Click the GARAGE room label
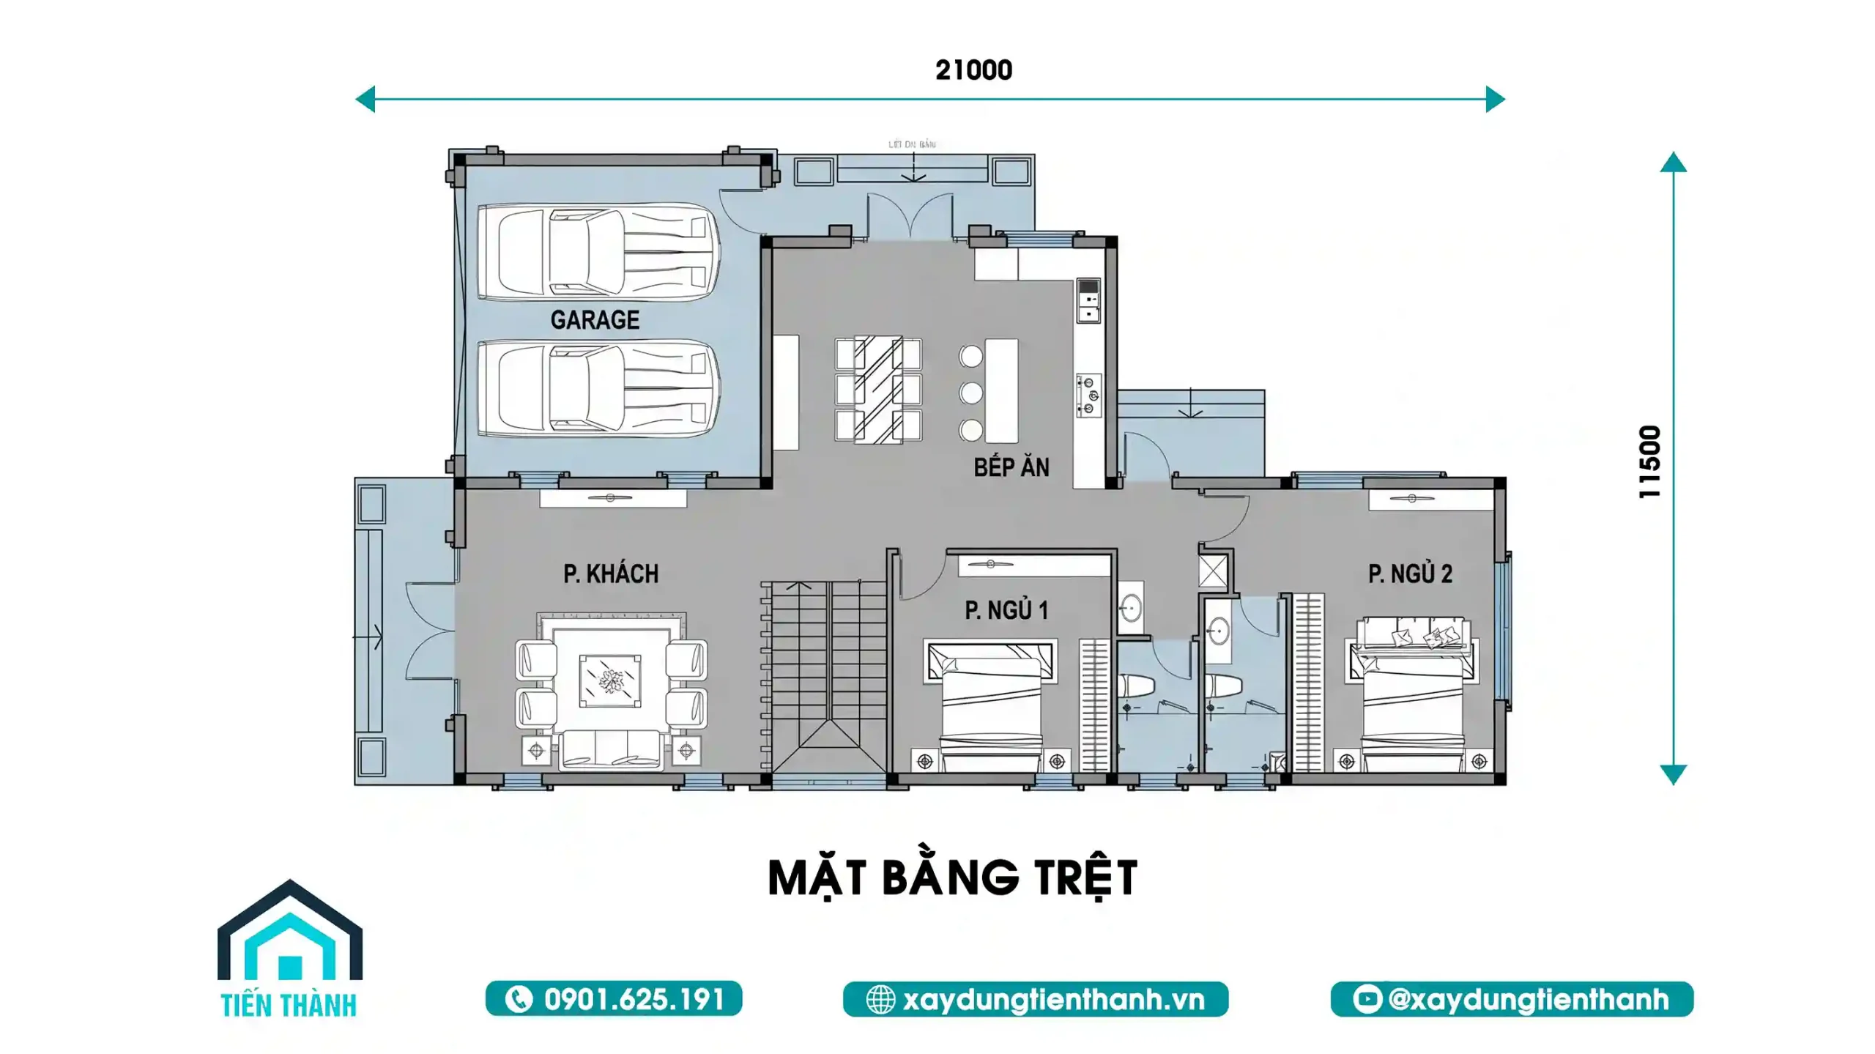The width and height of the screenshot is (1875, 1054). (595, 320)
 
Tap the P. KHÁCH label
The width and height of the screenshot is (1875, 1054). (611, 574)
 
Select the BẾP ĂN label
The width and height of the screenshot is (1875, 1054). (1011, 467)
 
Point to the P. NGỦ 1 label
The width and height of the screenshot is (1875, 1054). (1006, 610)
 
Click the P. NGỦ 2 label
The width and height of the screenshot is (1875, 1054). (1410, 574)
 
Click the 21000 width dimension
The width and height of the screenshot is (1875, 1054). (973, 70)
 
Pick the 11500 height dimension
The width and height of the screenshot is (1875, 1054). (1649, 462)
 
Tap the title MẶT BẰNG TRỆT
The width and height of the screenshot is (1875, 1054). (952, 877)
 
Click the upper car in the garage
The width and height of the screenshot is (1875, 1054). (598, 251)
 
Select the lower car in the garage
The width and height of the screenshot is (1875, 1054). (598, 388)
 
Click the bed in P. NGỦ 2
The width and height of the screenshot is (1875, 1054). (1413, 696)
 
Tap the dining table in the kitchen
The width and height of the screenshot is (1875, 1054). (878, 389)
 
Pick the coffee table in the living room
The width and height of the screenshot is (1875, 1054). (610, 681)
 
